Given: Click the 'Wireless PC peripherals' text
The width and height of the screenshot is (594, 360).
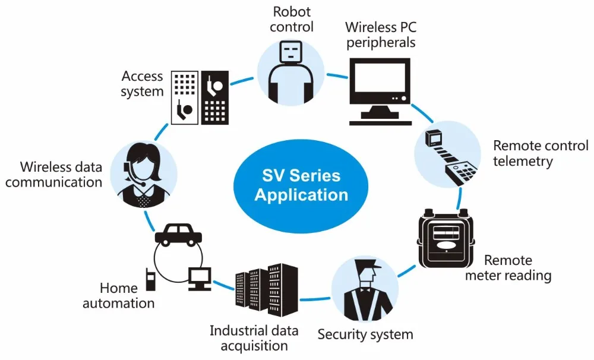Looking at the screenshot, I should [380, 34].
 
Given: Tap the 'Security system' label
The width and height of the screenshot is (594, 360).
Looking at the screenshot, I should [365, 334].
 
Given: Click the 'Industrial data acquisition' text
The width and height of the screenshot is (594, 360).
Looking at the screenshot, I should [254, 337].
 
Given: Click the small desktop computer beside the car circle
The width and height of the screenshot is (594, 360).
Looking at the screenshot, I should [199, 278].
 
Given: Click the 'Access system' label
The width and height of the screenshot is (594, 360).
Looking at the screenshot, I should [142, 84].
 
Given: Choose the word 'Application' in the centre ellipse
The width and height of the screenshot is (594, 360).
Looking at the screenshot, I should [301, 194].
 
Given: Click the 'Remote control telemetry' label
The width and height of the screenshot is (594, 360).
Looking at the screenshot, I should [540, 153].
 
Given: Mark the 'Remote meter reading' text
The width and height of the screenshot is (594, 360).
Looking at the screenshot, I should [508, 268].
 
